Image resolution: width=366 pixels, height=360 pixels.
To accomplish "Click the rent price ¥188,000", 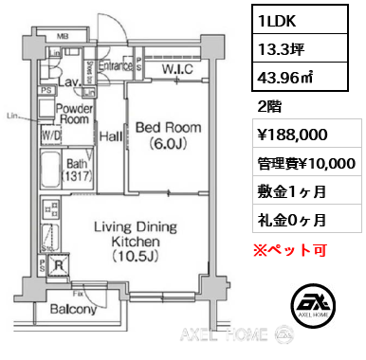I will [296, 135].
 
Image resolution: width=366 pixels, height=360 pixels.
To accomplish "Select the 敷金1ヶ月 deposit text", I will [291, 193].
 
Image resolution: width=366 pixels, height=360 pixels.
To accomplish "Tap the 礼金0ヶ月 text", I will [291, 222].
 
